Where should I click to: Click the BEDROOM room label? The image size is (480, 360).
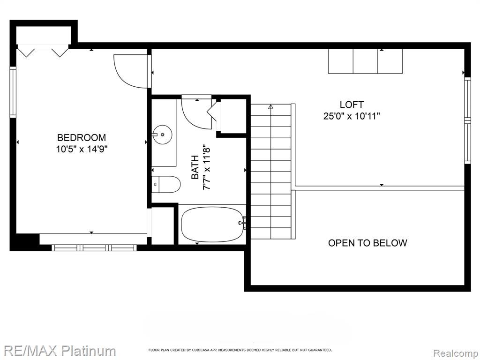pos(82,137)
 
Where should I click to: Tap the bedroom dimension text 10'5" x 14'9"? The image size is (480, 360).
pos(82,150)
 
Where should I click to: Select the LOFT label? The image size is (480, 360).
pos(352,105)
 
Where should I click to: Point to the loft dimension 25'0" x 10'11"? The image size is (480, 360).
pos(352,116)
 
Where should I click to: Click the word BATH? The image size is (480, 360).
pos(195,167)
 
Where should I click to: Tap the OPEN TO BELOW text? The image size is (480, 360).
pos(367,243)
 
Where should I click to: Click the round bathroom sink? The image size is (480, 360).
pos(162,134)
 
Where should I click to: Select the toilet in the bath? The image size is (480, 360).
pos(166,184)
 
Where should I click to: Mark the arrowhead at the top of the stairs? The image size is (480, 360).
pos(270,107)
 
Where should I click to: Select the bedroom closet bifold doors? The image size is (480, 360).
pos(43,51)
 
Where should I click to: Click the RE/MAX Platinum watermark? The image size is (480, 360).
pos(58,351)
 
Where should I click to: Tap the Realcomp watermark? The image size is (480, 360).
pos(456,353)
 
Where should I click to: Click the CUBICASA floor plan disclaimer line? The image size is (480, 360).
pos(240,350)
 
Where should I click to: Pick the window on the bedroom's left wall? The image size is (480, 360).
pos(13,92)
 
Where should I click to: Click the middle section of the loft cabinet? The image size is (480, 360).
pos(366,61)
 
